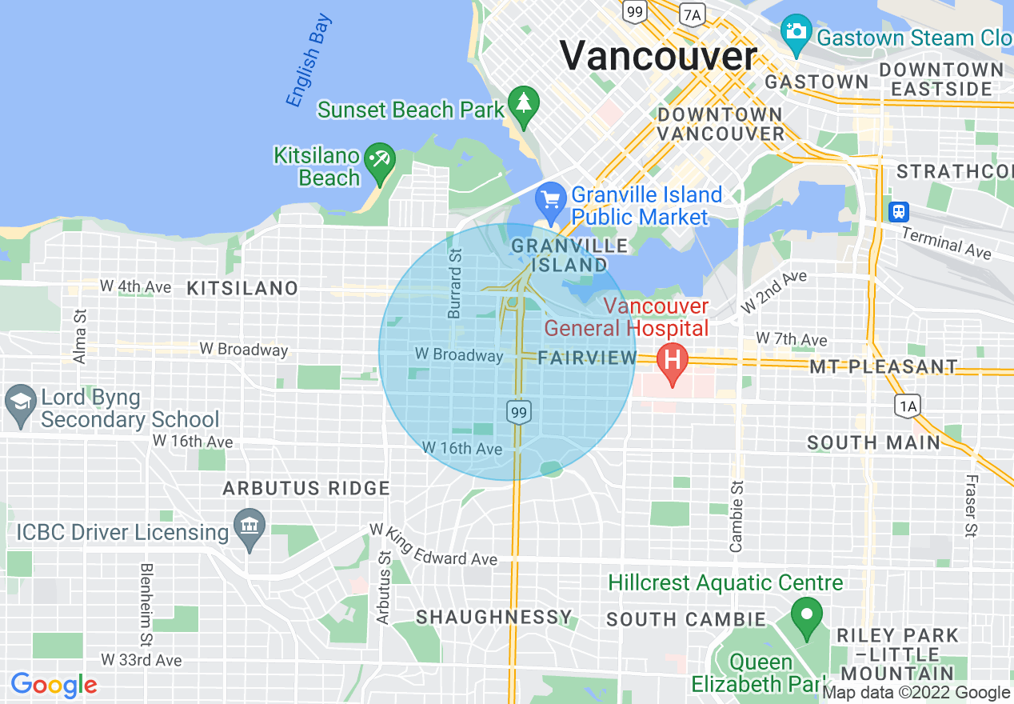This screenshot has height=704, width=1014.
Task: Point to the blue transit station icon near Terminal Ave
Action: point(899,211)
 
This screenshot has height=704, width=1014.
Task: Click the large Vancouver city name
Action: point(657,56)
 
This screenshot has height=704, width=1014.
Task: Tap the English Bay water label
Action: point(309,61)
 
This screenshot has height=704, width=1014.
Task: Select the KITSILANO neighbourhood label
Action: point(242,288)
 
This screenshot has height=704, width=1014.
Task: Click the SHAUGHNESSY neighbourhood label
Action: point(494,617)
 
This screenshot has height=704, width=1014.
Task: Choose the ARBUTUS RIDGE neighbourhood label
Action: point(306,488)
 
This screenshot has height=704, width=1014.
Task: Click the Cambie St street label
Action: point(737,517)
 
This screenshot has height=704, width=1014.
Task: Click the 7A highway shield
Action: point(692,13)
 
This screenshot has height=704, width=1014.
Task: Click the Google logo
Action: point(54,685)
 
